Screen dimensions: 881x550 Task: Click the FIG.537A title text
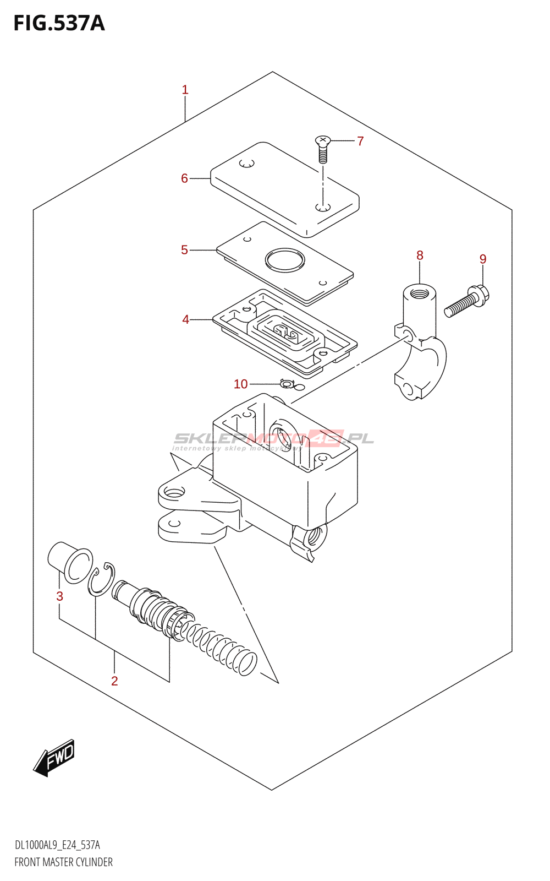[59, 23]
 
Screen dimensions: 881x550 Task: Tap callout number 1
[185, 90]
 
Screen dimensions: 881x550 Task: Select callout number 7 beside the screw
[360, 142]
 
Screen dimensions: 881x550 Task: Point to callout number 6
[184, 178]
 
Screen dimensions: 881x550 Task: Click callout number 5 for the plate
[184, 250]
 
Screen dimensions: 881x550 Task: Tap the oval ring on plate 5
[284, 259]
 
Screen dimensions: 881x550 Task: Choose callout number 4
[185, 320]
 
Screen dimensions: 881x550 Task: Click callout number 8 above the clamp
[420, 255]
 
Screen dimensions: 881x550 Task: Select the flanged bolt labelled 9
[468, 300]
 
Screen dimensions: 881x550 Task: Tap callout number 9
[483, 259]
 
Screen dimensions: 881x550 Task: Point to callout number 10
[241, 384]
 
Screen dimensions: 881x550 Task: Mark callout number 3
[59, 596]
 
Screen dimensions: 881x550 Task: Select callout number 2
[114, 681]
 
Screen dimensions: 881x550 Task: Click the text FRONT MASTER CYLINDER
[63, 862]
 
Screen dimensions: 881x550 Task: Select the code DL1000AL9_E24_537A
[57, 845]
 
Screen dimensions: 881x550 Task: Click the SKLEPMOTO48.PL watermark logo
[273, 439]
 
